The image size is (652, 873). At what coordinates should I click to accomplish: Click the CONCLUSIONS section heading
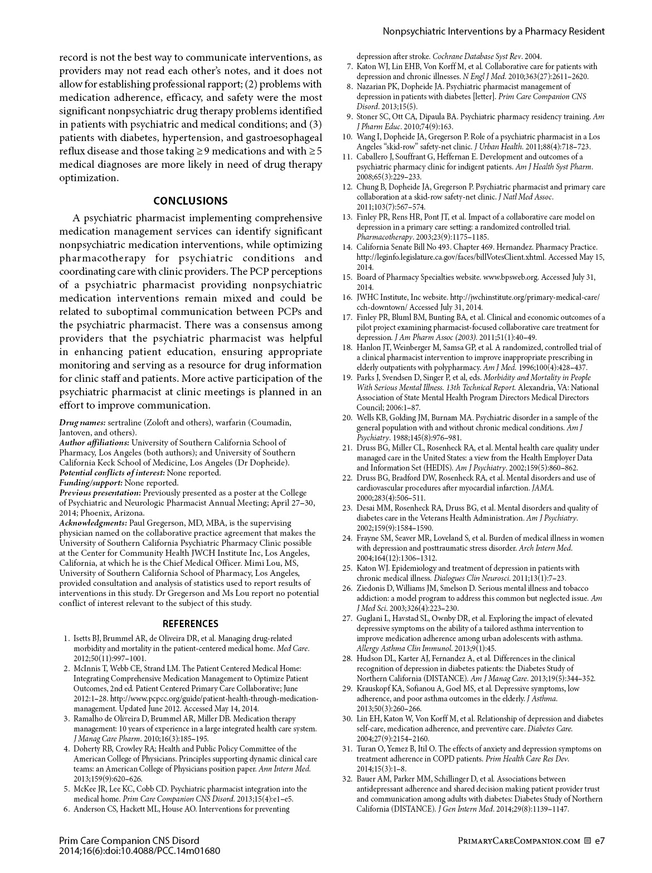[190, 201]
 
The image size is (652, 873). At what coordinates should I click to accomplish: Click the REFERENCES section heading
[190, 624]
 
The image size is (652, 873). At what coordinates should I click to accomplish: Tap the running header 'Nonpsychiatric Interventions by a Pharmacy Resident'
[493, 31]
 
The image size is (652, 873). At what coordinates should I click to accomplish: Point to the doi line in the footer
[140, 851]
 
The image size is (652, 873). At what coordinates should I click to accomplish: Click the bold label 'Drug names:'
[82, 423]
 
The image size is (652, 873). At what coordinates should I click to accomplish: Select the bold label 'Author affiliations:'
[94, 443]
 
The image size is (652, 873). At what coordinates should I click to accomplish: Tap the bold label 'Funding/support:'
[91, 483]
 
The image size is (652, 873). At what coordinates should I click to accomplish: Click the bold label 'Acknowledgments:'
[93, 523]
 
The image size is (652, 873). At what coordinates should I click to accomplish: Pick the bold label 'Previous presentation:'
[100, 493]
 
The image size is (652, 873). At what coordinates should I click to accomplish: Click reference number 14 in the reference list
[347, 247]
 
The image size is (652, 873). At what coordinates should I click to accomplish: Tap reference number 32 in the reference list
[347, 779]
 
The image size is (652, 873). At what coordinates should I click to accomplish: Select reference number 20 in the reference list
[347, 418]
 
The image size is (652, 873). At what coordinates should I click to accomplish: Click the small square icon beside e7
[587, 841]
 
